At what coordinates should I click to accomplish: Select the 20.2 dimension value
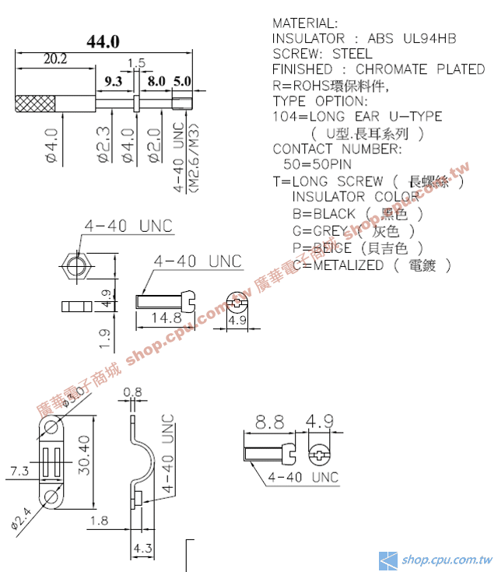pyautogui.click(x=55, y=58)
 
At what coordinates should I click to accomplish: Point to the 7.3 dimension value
pyautogui.click(x=19, y=471)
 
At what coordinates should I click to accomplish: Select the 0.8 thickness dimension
pyautogui.click(x=133, y=391)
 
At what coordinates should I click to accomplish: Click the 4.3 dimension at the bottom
pyautogui.click(x=142, y=548)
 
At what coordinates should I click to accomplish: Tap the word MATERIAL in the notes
pyautogui.click(x=305, y=23)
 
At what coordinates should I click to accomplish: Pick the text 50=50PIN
pyautogui.click(x=317, y=164)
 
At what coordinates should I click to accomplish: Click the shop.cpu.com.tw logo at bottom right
pyautogui.click(x=436, y=560)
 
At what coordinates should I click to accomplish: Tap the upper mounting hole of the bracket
pyautogui.click(x=51, y=426)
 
